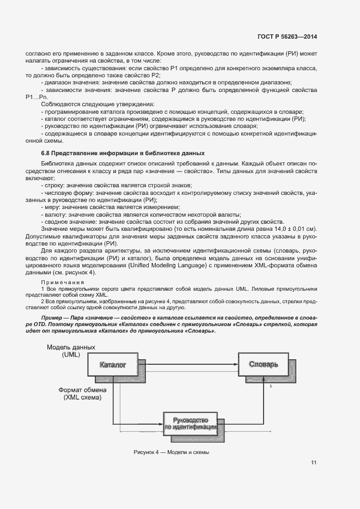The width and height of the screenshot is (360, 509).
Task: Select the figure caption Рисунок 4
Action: coord(171,453)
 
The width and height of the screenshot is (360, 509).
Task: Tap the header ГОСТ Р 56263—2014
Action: coord(287,36)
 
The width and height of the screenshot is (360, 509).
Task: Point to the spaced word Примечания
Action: coord(62,283)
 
